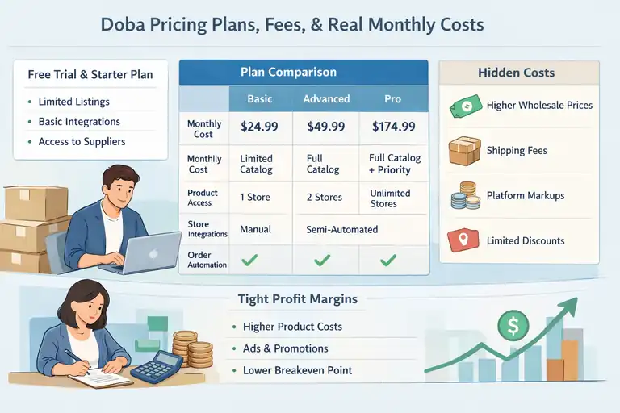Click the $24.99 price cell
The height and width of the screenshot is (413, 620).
tap(260, 127)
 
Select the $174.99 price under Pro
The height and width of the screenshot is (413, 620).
tap(392, 127)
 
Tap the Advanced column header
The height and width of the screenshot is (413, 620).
tap(326, 99)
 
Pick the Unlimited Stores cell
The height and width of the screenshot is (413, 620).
tap(390, 198)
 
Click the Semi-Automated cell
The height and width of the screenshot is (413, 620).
tap(342, 229)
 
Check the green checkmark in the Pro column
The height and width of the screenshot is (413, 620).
tap(388, 260)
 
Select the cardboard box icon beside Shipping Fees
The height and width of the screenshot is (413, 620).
tap(465, 151)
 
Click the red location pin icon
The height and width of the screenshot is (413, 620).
tap(464, 240)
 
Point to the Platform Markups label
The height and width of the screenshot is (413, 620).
tap(526, 196)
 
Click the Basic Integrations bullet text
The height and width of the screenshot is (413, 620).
tap(79, 122)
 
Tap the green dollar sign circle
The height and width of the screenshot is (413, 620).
tap(512, 326)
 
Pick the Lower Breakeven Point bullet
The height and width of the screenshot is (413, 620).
tap(297, 370)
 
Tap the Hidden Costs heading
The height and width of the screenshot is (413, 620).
tap(516, 73)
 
